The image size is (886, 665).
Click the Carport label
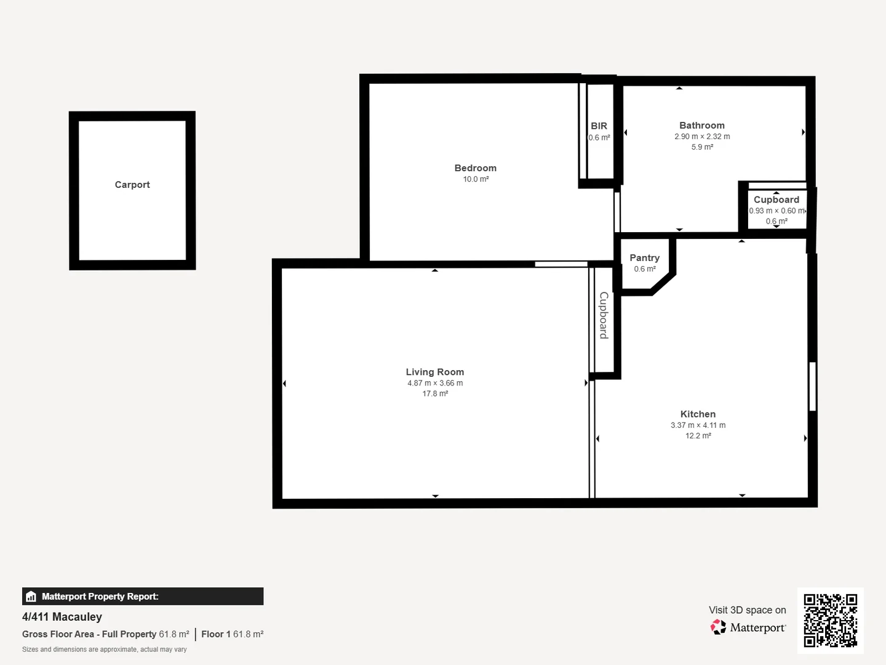tap(132, 185)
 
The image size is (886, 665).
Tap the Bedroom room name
tap(475, 168)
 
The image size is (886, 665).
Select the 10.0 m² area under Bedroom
tap(476, 179)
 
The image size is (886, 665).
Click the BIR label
tap(599, 126)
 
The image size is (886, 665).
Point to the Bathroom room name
tap(701, 125)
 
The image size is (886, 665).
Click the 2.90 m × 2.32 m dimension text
tap(702, 137)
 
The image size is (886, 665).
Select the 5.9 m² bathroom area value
tap(702, 147)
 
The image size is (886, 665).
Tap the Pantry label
tap(644, 258)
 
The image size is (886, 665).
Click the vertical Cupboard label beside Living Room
tap(604, 315)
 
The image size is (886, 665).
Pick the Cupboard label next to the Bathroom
tap(776, 199)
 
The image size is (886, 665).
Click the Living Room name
tap(434, 372)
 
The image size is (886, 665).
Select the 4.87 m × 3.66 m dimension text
tap(434, 383)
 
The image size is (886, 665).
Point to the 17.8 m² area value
tap(434, 393)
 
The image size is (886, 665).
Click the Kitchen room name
tap(698, 414)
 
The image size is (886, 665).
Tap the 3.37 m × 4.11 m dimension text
tap(698, 425)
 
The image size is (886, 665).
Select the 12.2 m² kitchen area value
tap(698, 436)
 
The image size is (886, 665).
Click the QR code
tap(830, 620)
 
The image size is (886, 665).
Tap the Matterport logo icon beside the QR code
tap(718, 627)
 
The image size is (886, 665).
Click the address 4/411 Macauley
tap(62, 617)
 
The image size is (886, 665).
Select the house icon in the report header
tap(31, 597)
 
